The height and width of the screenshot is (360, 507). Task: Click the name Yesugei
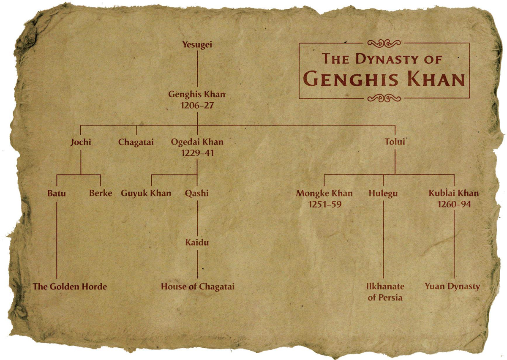(197, 44)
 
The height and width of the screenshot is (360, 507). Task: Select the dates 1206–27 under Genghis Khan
(197, 105)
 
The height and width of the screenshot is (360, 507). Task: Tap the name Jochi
(81, 142)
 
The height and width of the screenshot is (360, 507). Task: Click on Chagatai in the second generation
(136, 142)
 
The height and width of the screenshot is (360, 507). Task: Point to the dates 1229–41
(197, 153)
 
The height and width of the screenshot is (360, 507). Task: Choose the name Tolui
(395, 142)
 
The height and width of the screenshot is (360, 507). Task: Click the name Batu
(56, 194)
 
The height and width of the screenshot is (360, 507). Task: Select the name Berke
(101, 194)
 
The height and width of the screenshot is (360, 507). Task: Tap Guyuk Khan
(146, 194)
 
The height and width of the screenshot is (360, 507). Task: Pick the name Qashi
(197, 194)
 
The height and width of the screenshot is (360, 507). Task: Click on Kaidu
(197, 243)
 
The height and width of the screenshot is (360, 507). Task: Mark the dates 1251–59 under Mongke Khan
(324, 205)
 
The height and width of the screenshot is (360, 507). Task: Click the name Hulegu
(383, 194)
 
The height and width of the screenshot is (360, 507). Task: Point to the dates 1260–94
(454, 205)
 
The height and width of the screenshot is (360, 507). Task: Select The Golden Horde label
(70, 286)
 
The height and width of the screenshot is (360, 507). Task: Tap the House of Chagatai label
(197, 286)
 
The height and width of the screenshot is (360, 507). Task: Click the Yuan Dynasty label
(452, 286)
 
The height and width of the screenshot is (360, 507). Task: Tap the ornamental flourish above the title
(384, 43)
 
